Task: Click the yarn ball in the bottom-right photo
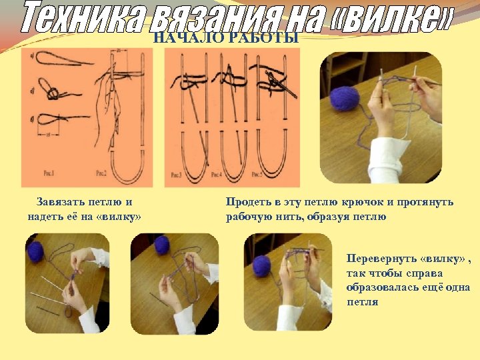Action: [x=261, y=265]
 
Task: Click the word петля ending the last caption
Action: [x=362, y=302]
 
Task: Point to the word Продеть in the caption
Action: [x=248, y=201]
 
